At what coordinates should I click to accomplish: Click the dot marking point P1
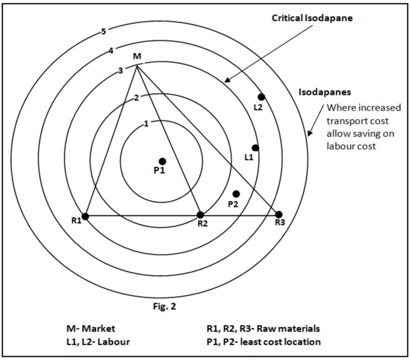coord(163,162)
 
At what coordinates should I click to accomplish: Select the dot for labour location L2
coord(261,97)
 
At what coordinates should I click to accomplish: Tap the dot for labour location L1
coord(255,148)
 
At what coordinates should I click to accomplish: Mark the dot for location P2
coord(236,194)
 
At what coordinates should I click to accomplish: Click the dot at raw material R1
coord(85,217)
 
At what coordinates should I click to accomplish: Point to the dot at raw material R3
coord(279,215)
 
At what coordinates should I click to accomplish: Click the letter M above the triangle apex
coord(137,56)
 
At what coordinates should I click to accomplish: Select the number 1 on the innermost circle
coord(146,123)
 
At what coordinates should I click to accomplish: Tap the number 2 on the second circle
coord(136,98)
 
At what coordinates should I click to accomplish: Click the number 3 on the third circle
coord(120,71)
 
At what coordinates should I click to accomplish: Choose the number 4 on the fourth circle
coord(111,51)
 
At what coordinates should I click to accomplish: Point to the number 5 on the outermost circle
coord(104,31)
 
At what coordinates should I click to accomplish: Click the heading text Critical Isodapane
coord(312,18)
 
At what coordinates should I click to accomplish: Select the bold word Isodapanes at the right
coord(325,92)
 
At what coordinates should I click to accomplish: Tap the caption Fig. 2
coord(164,306)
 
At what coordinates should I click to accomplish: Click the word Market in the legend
coord(99,329)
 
